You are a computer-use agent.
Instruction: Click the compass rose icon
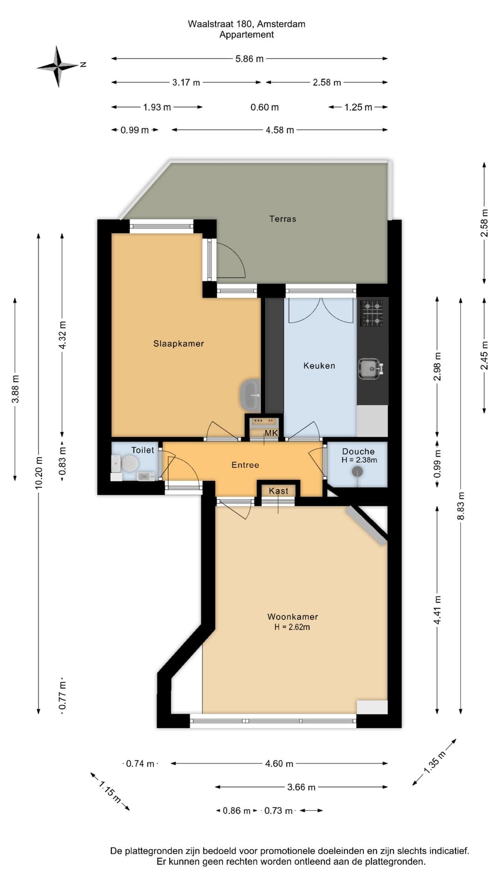(58, 66)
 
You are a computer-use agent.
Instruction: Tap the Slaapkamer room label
(178, 343)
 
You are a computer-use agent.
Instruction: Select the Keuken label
(319, 365)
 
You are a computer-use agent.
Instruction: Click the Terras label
(283, 219)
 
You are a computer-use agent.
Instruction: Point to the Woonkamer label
(292, 616)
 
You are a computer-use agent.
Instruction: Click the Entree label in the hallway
(245, 465)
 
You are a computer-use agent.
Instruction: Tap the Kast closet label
(279, 491)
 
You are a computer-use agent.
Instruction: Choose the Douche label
(359, 451)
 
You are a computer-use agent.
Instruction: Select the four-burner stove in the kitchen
(372, 313)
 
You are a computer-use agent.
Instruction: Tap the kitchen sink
(371, 369)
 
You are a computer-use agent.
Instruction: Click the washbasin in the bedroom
(250, 395)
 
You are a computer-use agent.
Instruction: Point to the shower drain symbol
(357, 472)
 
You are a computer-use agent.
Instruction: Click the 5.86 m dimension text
(249, 59)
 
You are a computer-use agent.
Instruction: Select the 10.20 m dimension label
(39, 472)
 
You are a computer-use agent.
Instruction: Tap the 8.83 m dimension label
(461, 506)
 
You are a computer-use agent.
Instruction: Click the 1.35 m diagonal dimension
(434, 762)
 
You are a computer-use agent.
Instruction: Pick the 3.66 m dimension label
(301, 787)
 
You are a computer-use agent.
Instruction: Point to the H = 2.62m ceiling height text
(292, 627)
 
